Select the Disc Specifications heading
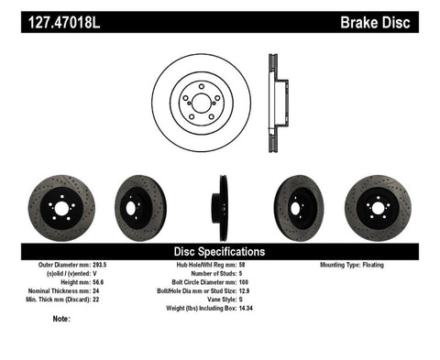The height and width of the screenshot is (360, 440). click(219, 250)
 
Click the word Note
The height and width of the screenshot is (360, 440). click(61, 319)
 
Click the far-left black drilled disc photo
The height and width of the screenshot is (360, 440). click(61, 206)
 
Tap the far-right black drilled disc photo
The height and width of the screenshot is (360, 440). click(378, 206)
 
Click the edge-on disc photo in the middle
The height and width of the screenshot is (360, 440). click(221, 207)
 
